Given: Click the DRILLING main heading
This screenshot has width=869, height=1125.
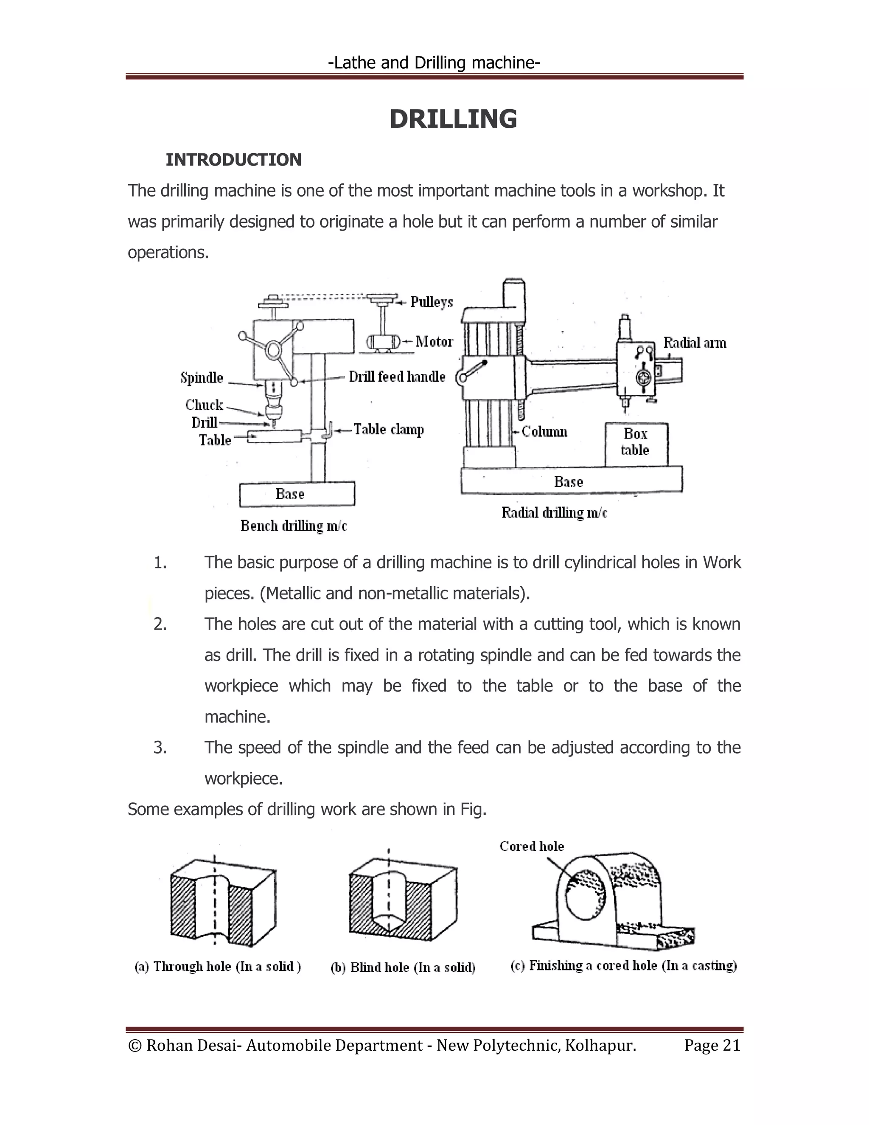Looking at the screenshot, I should click(453, 120).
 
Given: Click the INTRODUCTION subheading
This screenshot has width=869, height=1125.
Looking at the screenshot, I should click(233, 160).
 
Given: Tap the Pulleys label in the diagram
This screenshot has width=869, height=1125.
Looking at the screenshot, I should click(432, 302).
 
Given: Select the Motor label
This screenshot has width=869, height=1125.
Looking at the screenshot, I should click(434, 341).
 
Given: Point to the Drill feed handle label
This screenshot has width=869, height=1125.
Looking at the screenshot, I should click(397, 377).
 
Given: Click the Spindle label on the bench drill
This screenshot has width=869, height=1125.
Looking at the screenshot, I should click(202, 378).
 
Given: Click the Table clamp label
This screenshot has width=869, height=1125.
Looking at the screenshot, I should click(389, 430).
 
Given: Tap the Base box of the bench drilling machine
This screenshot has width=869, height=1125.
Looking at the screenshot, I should click(297, 495).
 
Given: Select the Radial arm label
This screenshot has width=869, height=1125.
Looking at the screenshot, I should click(695, 343).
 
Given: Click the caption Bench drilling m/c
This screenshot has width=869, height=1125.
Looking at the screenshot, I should click(294, 526).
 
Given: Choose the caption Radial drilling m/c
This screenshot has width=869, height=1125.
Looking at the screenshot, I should click(555, 513).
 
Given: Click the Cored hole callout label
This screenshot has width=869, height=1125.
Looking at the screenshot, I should click(532, 847).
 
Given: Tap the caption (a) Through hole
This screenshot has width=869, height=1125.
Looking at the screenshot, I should click(218, 967).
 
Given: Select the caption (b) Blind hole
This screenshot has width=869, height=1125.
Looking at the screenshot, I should click(403, 967).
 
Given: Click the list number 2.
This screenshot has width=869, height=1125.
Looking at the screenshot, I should click(160, 624).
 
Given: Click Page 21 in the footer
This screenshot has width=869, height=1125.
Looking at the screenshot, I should click(712, 1045).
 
